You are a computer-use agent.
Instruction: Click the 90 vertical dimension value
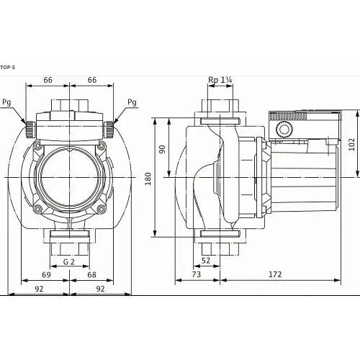coord(162,148)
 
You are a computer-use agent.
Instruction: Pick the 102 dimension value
coord(352,143)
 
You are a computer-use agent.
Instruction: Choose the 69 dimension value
coord(47,275)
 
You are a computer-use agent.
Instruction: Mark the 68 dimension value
coord(91,275)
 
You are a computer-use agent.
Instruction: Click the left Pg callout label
coord(6,103)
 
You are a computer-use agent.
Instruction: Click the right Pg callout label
coord(132,103)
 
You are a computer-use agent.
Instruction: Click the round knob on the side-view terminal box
coord(283,130)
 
